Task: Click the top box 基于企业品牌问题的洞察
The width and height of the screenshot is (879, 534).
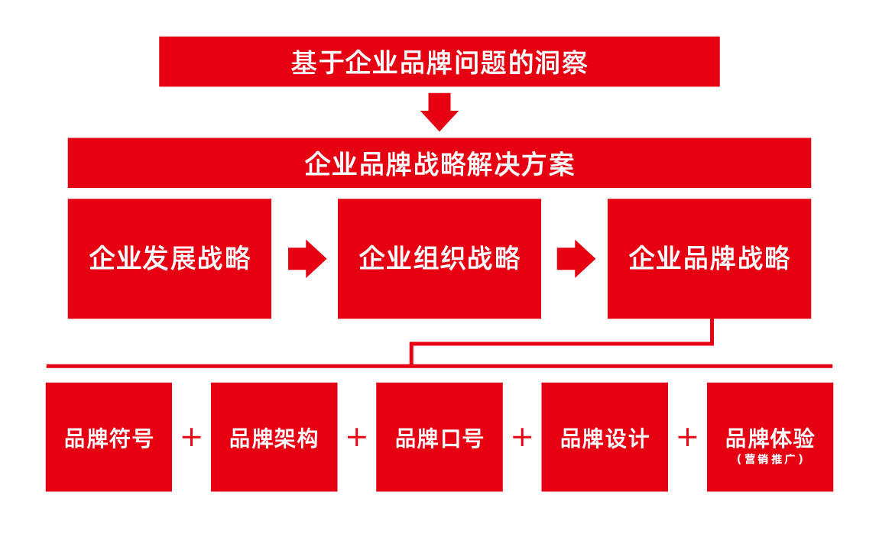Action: [439, 62]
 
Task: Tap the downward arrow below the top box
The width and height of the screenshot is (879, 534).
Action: [439, 112]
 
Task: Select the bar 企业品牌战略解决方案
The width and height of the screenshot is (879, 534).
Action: [439, 163]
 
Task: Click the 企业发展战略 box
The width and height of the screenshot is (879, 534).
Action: [169, 259]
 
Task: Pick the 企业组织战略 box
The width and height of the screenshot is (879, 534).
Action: [439, 259]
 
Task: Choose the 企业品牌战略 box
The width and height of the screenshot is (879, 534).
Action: [709, 259]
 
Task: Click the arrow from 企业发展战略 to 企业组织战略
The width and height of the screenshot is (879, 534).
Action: [307, 259]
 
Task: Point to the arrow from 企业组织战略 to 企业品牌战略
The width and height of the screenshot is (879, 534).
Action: [576, 259]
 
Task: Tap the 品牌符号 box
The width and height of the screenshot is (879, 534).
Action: [109, 437]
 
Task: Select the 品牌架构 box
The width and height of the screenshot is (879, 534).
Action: [274, 437]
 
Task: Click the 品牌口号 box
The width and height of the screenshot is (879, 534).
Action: [439, 437]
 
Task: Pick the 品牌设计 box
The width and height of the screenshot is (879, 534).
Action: [605, 437]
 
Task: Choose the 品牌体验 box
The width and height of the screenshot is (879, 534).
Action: [770, 437]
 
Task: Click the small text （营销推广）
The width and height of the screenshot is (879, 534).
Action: [770, 459]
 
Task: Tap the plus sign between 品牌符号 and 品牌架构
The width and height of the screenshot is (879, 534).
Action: [192, 438]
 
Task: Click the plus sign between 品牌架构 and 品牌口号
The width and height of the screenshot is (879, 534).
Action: [357, 438]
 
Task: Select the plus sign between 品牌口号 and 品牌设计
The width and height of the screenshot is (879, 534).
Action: [522, 438]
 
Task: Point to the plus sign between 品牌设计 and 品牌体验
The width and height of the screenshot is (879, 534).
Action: [687, 438]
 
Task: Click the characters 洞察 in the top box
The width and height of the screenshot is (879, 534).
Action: [560, 62]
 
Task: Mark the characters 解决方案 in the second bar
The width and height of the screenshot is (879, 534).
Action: [521, 164]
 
